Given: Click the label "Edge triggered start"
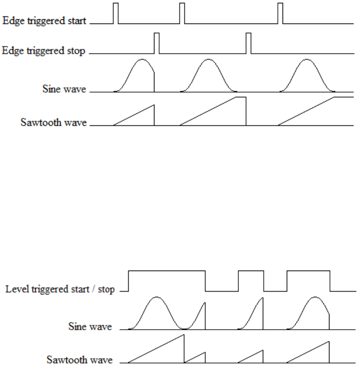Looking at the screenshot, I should click(x=44, y=21).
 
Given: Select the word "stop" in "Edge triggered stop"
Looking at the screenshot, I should click(x=77, y=51).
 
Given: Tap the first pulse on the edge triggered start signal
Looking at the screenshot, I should click(x=116, y=13).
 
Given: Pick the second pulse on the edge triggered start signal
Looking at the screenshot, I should click(x=182, y=13).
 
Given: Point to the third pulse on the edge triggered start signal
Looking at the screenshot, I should click(x=280, y=13).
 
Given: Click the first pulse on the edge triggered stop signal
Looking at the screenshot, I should click(x=157, y=42).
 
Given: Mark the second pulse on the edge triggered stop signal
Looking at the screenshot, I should click(x=249, y=42).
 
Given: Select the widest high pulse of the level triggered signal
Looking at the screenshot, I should click(x=167, y=271).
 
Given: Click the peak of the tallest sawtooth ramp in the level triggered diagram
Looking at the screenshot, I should click(x=184, y=335).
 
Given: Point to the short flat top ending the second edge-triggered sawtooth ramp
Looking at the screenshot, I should click(x=240, y=97).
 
